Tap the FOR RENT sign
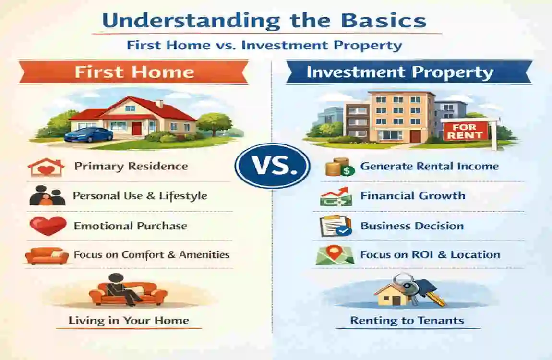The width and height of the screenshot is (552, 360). [x=464, y=130]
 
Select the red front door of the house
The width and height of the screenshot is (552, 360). [x=137, y=129]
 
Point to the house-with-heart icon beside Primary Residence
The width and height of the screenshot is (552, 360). [x=46, y=167]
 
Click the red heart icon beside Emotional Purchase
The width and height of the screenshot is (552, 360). [x=48, y=226]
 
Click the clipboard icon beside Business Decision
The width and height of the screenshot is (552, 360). [x=335, y=226]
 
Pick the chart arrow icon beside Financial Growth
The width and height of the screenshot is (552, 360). [x=336, y=196]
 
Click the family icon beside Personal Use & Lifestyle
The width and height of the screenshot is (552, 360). [x=47, y=196]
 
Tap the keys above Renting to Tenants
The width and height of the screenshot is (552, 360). [x=421, y=289]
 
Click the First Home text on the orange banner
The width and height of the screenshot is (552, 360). [x=134, y=72]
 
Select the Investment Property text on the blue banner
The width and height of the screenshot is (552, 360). [x=399, y=72]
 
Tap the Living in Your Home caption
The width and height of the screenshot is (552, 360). [x=129, y=320]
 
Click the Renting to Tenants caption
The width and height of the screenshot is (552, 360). [x=407, y=320]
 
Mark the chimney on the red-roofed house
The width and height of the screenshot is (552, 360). [x=159, y=103]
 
